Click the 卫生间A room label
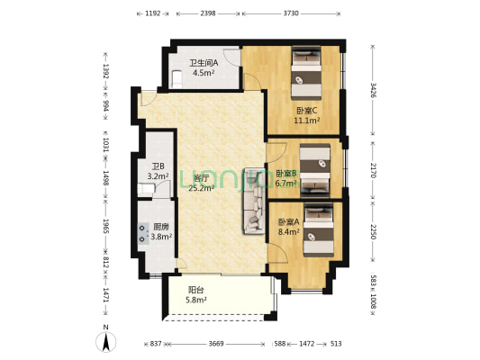pyautogui.click(x=202, y=63)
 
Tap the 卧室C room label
pyautogui.click(x=306, y=112)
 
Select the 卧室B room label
pyautogui.click(x=285, y=173)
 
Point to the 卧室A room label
pyautogui.click(x=287, y=221)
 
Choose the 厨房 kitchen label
pyautogui.click(x=160, y=228)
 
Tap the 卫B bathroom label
pyautogui.click(x=157, y=166)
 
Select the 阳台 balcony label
pyautogui.click(x=195, y=290)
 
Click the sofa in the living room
pyautogui.click(x=249, y=202)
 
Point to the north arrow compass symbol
pyautogui.click(x=105, y=341)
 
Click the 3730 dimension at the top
pyautogui.click(x=293, y=13)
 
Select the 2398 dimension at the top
pyautogui.click(x=207, y=13)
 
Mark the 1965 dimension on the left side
pyautogui.click(x=105, y=227)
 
